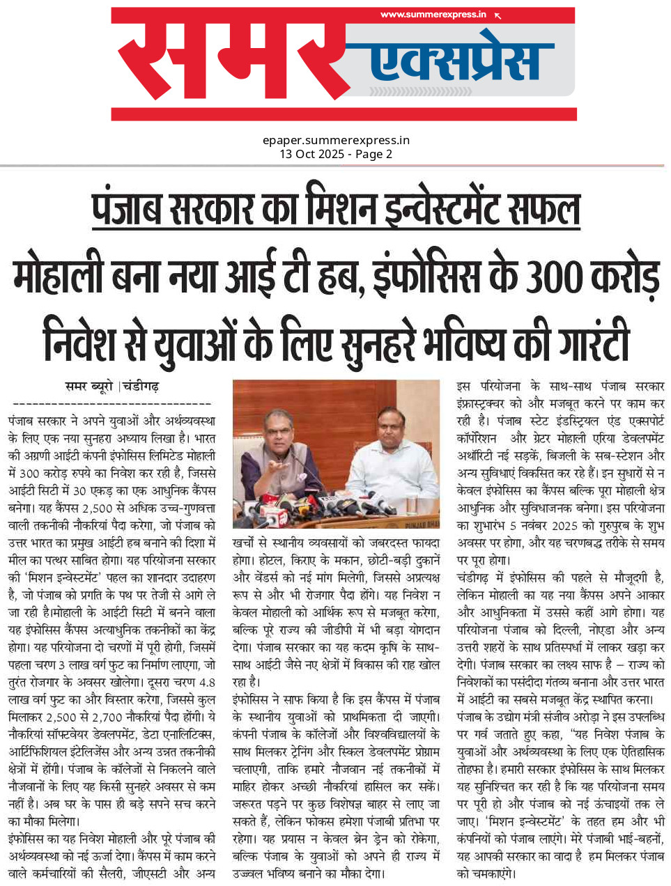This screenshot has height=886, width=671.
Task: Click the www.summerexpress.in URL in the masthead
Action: click(x=433, y=14)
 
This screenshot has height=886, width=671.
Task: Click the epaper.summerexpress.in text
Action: click(x=336, y=140)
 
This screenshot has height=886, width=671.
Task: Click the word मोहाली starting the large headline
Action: click(x=60, y=276)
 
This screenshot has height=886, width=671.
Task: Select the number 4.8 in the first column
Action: click(x=206, y=682)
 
